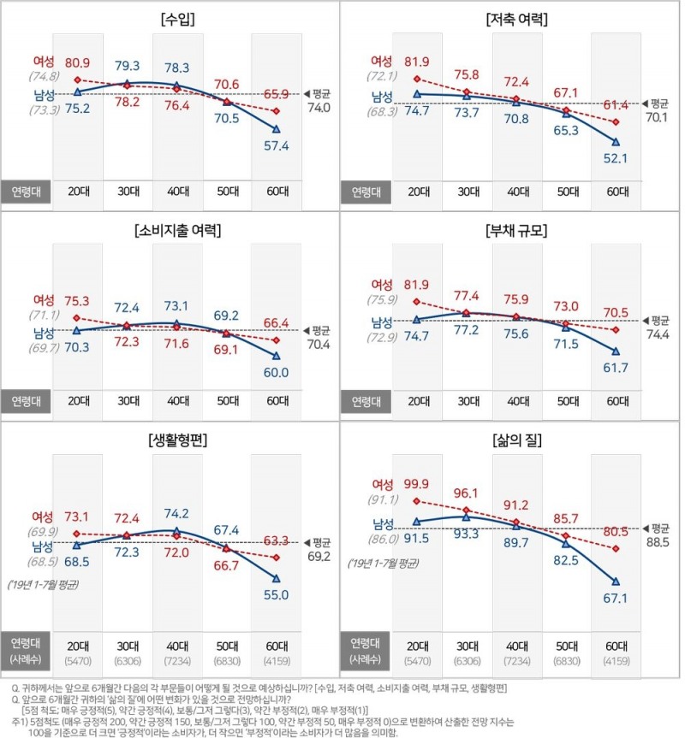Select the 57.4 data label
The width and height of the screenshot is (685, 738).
276,147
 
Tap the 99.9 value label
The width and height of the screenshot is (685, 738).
417,485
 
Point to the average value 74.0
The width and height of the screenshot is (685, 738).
320,108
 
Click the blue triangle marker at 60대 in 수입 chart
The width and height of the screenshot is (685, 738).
276,129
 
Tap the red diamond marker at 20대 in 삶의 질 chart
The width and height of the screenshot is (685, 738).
417,501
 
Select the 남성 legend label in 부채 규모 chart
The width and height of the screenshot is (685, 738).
382,322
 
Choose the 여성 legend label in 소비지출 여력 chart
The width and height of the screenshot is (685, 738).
44,299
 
